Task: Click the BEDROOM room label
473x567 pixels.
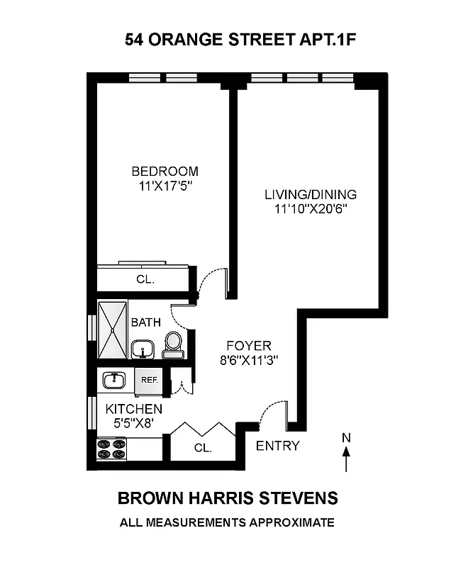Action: pos(165,172)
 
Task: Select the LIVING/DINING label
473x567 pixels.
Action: pos(311,194)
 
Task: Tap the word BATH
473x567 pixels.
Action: pos(145,322)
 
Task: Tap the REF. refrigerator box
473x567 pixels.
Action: pos(149,381)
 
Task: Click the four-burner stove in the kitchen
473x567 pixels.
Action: pos(111,449)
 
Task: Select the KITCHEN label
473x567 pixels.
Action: pos(134,409)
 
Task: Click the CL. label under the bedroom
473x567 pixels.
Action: pos(145,279)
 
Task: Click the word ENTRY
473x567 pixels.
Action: pos(277,446)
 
